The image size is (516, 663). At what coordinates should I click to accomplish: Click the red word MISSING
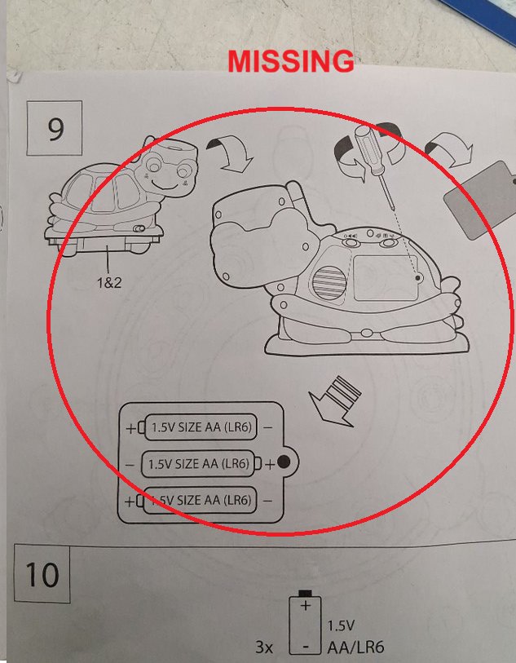(291, 62)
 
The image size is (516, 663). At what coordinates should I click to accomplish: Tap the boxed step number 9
(55, 128)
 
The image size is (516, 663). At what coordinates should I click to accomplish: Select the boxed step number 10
(42, 574)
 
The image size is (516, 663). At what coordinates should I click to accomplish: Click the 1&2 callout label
(109, 282)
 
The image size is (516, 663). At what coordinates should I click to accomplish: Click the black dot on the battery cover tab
(284, 462)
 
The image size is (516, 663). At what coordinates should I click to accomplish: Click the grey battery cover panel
(480, 200)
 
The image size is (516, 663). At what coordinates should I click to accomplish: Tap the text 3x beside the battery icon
(264, 647)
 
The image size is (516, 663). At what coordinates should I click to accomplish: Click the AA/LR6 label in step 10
(355, 647)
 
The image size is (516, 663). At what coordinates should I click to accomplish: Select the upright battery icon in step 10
(305, 622)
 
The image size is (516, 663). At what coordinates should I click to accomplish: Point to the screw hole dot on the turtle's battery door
(418, 278)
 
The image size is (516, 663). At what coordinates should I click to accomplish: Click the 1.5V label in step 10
(341, 625)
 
